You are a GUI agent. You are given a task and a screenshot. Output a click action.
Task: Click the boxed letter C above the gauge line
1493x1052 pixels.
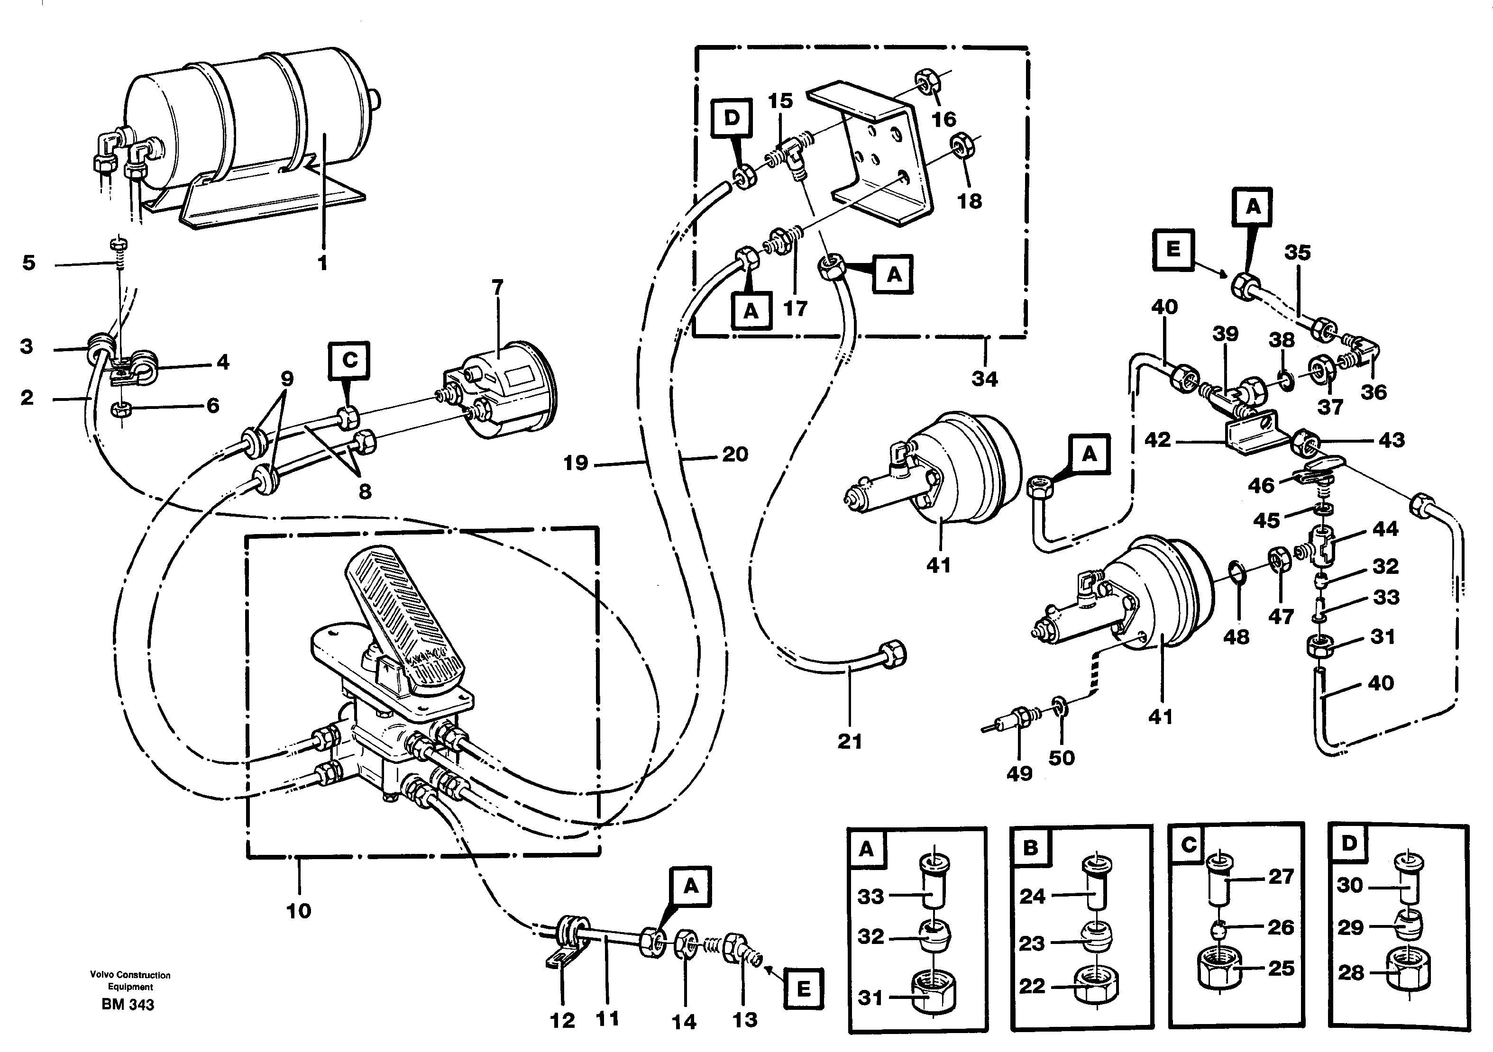[350, 360]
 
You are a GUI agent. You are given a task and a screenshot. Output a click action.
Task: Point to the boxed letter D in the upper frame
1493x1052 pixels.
[732, 118]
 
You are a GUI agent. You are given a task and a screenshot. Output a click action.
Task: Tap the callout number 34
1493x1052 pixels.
[984, 378]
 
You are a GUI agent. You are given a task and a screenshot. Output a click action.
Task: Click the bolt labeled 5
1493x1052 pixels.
[119, 245]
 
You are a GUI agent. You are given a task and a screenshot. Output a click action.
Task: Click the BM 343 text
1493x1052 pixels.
[128, 1005]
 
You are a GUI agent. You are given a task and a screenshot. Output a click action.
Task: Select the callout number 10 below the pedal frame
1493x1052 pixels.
[299, 910]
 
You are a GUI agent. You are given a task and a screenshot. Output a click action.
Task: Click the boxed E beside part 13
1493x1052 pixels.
[803, 989]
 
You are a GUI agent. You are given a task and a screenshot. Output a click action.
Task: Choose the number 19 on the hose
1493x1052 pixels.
[576, 463]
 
